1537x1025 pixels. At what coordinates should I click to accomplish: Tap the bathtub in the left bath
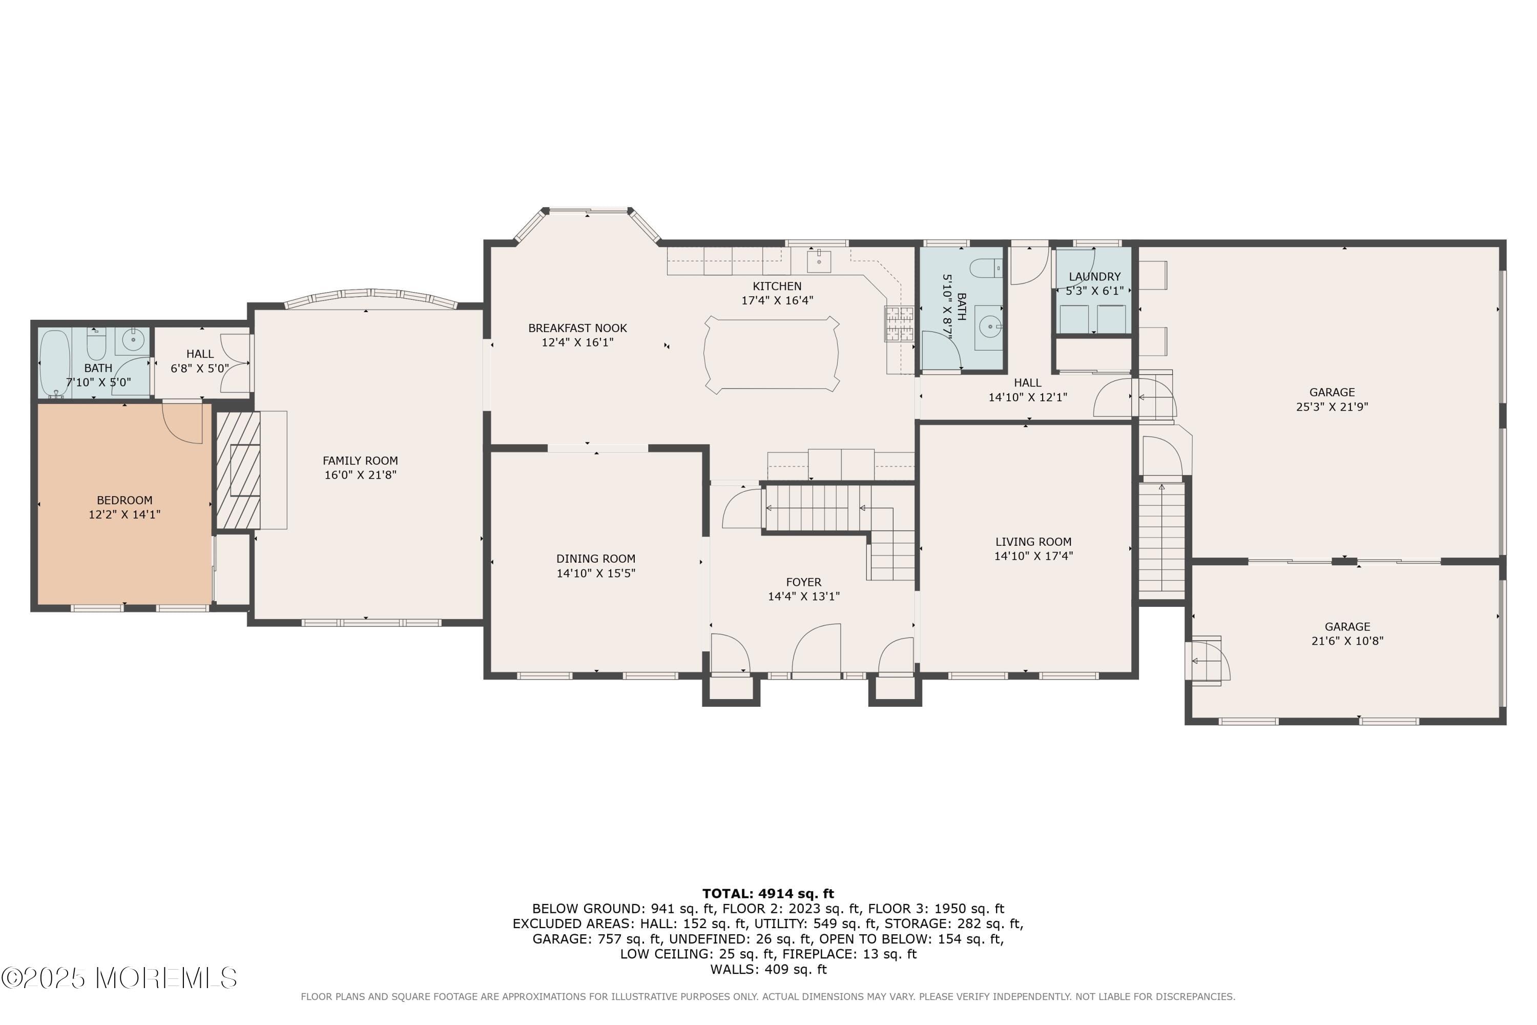click(54, 363)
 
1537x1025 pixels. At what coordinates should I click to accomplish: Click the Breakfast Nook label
click(577, 328)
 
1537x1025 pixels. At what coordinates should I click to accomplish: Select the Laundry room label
click(1094, 277)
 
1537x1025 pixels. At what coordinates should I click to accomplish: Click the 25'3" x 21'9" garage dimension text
click(1332, 406)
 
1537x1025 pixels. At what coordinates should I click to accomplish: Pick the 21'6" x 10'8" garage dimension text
click(1347, 641)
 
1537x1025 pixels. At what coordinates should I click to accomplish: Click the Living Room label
click(1033, 542)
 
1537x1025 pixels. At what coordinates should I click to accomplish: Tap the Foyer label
click(803, 582)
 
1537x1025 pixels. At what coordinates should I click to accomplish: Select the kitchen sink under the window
click(818, 261)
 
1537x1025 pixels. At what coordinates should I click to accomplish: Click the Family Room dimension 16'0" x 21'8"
click(360, 475)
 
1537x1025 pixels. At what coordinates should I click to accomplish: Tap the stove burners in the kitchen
click(899, 323)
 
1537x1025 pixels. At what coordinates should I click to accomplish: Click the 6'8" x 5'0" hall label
click(200, 368)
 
